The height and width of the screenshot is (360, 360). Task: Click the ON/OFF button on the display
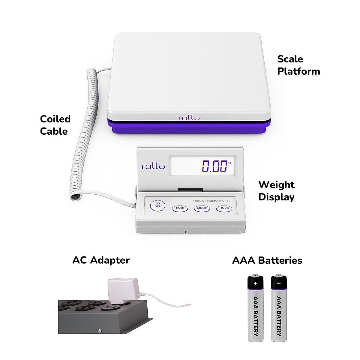(x=157, y=205)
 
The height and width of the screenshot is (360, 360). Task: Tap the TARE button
(x=180, y=208)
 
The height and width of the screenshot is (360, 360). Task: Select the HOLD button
(x=224, y=208)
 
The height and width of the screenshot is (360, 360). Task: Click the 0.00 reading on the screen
(x=214, y=166)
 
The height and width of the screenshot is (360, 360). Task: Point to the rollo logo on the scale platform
(x=189, y=118)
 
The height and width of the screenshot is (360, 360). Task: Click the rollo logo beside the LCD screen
(x=153, y=166)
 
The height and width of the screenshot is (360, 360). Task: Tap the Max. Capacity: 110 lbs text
(x=212, y=201)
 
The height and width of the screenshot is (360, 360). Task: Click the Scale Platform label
(x=298, y=65)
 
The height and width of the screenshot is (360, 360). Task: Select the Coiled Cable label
(x=55, y=125)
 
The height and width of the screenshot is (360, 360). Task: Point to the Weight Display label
(x=276, y=191)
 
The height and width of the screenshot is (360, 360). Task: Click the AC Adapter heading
(x=101, y=260)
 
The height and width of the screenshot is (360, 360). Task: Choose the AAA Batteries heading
(x=267, y=260)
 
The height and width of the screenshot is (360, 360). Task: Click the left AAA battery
(x=255, y=309)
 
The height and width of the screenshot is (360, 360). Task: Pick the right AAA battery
(x=279, y=309)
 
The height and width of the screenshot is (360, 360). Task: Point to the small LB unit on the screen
(x=230, y=163)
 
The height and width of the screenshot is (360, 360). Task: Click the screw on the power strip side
(x=99, y=331)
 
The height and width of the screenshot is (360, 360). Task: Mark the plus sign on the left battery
(x=255, y=283)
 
